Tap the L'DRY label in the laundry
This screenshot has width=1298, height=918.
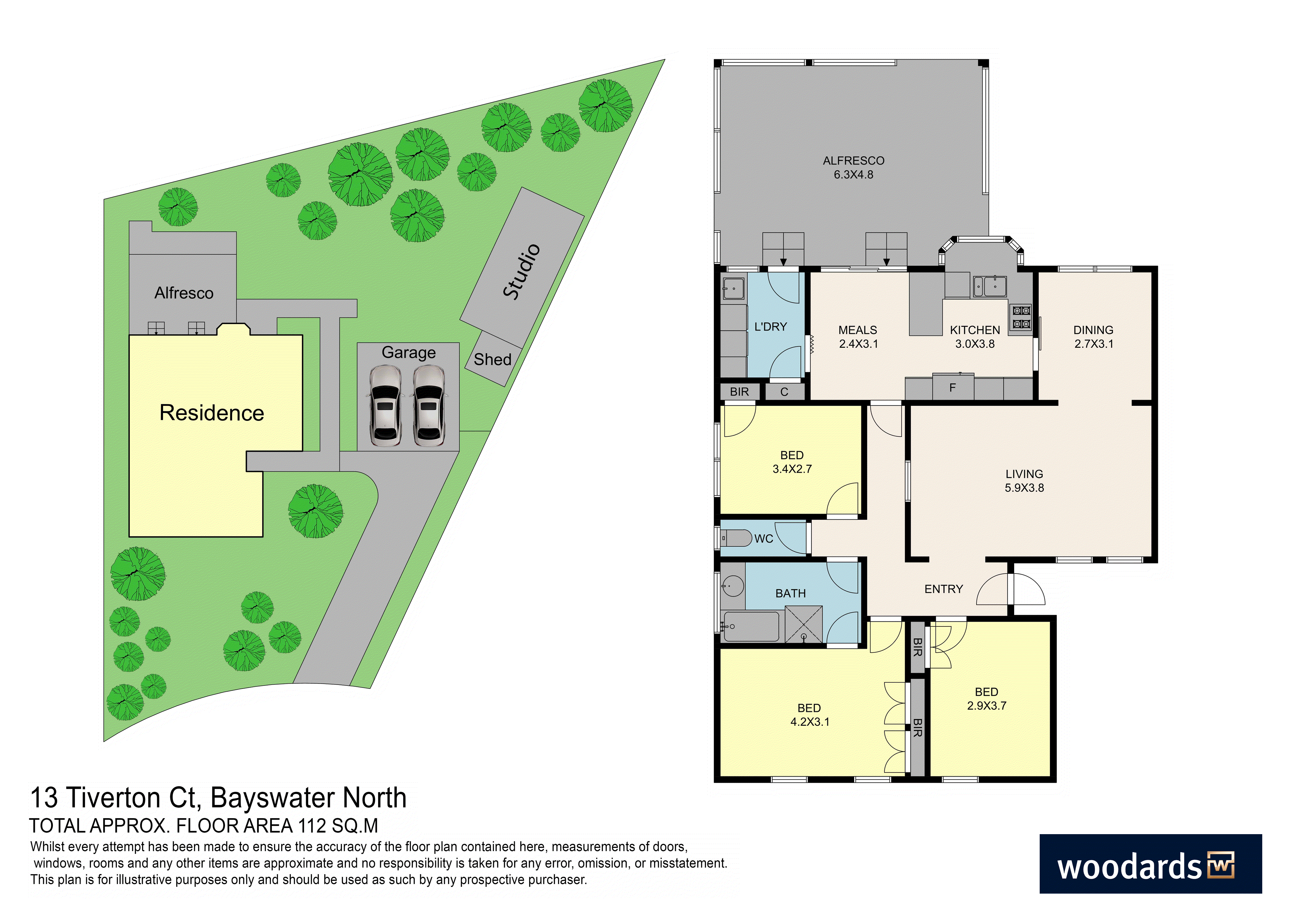771,327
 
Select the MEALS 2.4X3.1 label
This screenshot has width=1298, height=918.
858,337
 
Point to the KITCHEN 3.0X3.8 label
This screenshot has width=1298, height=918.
975,337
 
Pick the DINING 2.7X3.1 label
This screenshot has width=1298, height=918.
1093,337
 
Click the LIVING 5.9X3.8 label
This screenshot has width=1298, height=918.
1024,481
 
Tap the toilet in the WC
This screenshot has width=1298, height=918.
736,538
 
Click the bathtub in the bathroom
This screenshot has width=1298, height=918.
751,626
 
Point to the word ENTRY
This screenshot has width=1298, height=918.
944,589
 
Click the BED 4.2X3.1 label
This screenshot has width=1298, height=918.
809,715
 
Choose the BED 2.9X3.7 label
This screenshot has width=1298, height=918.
986,699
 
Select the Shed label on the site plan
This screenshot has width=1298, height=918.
492,359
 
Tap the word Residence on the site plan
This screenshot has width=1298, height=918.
212,413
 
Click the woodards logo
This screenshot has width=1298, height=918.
1150,864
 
